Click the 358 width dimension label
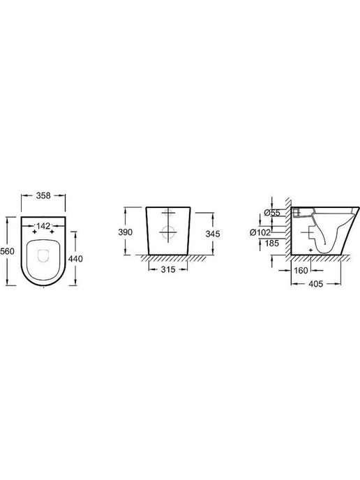(x=43, y=195)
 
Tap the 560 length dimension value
(x=8, y=251)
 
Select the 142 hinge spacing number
(x=43, y=226)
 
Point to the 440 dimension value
(x=75, y=259)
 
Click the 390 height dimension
(x=126, y=232)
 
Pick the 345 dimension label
(x=213, y=234)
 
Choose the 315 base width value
(x=168, y=269)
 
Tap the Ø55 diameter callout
(x=272, y=213)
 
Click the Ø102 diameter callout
(x=260, y=232)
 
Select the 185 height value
(x=272, y=243)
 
